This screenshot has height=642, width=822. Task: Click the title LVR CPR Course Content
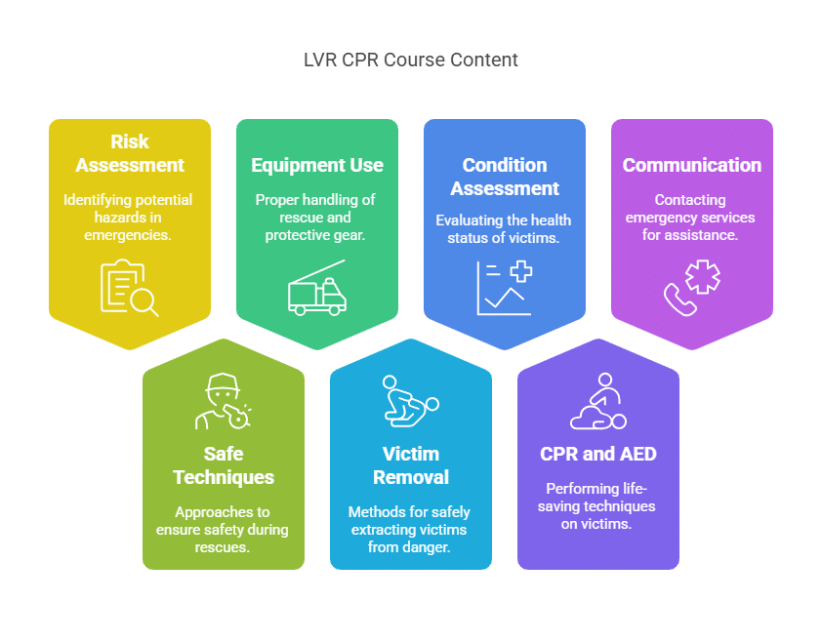click(410, 60)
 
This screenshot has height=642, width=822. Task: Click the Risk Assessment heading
click(130, 153)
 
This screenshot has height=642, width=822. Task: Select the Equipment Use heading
click(316, 165)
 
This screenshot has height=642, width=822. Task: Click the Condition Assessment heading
click(504, 177)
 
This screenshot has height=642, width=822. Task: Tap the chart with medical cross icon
click(504, 288)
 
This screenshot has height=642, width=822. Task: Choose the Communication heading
click(691, 165)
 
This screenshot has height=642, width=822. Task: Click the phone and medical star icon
click(691, 287)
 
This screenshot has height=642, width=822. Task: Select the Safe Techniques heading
click(224, 465)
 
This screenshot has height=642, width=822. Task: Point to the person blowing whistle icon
click(224, 401)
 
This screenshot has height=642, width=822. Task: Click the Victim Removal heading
click(410, 465)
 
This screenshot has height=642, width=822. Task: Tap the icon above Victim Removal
click(410, 401)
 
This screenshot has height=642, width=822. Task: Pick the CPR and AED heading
click(597, 454)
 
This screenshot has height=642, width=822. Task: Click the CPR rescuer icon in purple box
click(597, 401)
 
